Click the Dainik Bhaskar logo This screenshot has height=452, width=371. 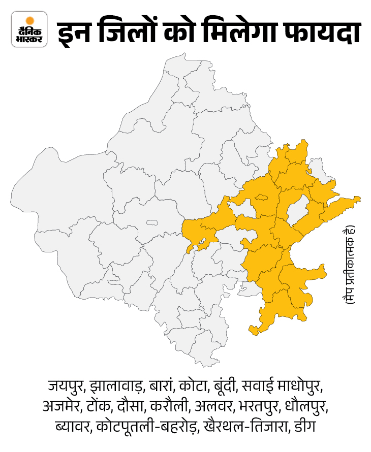tap(29, 29)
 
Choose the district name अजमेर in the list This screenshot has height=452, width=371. tap(64, 407)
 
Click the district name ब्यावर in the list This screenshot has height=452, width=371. tap(72, 427)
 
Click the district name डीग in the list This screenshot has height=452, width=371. tap(303, 427)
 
